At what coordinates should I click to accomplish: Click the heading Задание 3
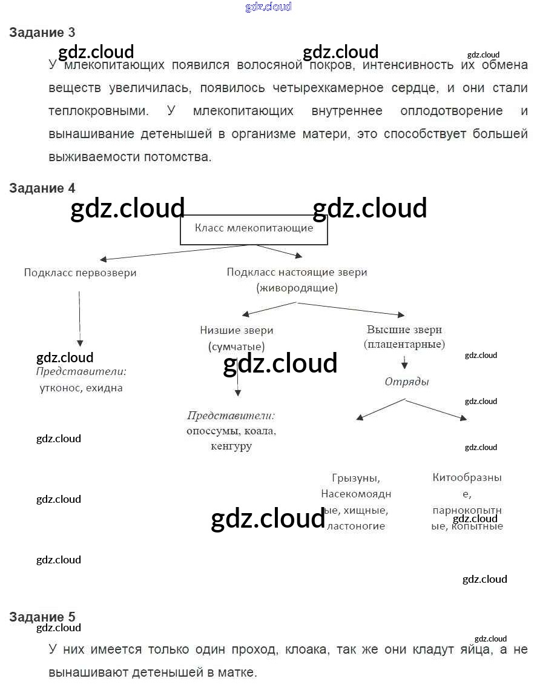(x=42, y=33)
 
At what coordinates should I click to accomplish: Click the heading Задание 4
(x=42, y=188)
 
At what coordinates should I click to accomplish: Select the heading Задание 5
(x=42, y=617)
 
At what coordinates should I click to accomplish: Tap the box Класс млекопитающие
(x=254, y=229)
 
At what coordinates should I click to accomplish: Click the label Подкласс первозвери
(x=80, y=273)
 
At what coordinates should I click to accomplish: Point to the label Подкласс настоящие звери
(x=297, y=273)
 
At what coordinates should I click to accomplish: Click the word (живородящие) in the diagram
(x=297, y=288)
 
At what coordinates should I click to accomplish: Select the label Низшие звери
(x=236, y=331)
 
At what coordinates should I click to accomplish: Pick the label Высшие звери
(x=404, y=330)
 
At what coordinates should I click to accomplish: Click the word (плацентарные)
(x=404, y=345)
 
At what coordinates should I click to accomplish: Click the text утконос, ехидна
(x=81, y=388)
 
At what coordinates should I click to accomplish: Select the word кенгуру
(x=231, y=446)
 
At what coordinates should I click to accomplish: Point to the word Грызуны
(x=356, y=478)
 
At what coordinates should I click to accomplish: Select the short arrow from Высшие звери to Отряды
(x=404, y=362)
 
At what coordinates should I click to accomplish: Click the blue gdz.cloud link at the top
(x=268, y=7)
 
